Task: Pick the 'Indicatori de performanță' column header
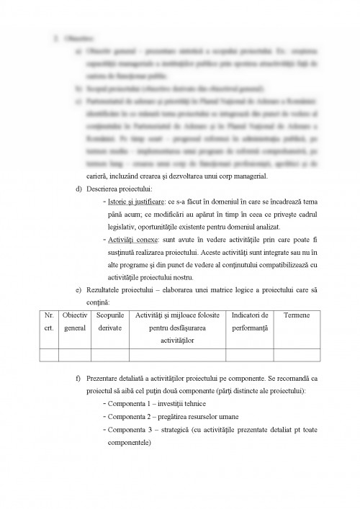(x=250, y=322)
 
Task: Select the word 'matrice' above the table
(x=230, y=289)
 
